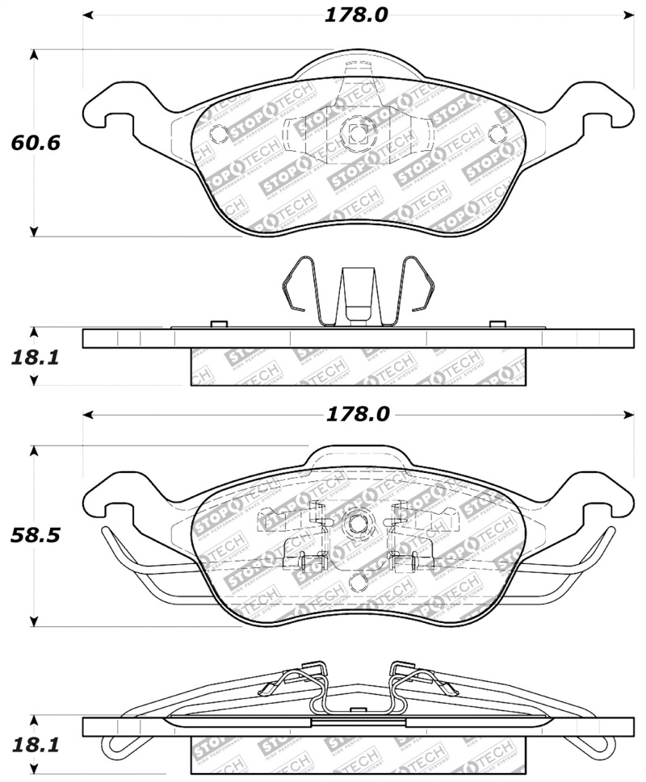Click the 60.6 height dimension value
pyautogui.click(x=36, y=143)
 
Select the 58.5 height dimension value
pyautogui.click(x=36, y=535)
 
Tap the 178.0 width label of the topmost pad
pyautogui.click(x=357, y=15)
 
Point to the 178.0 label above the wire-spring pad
pyautogui.click(x=357, y=414)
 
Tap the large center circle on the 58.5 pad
pyautogui.click(x=356, y=524)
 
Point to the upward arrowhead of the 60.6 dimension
pyautogui.click(x=34, y=55)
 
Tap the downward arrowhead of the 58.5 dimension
pyautogui.click(x=34, y=621)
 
